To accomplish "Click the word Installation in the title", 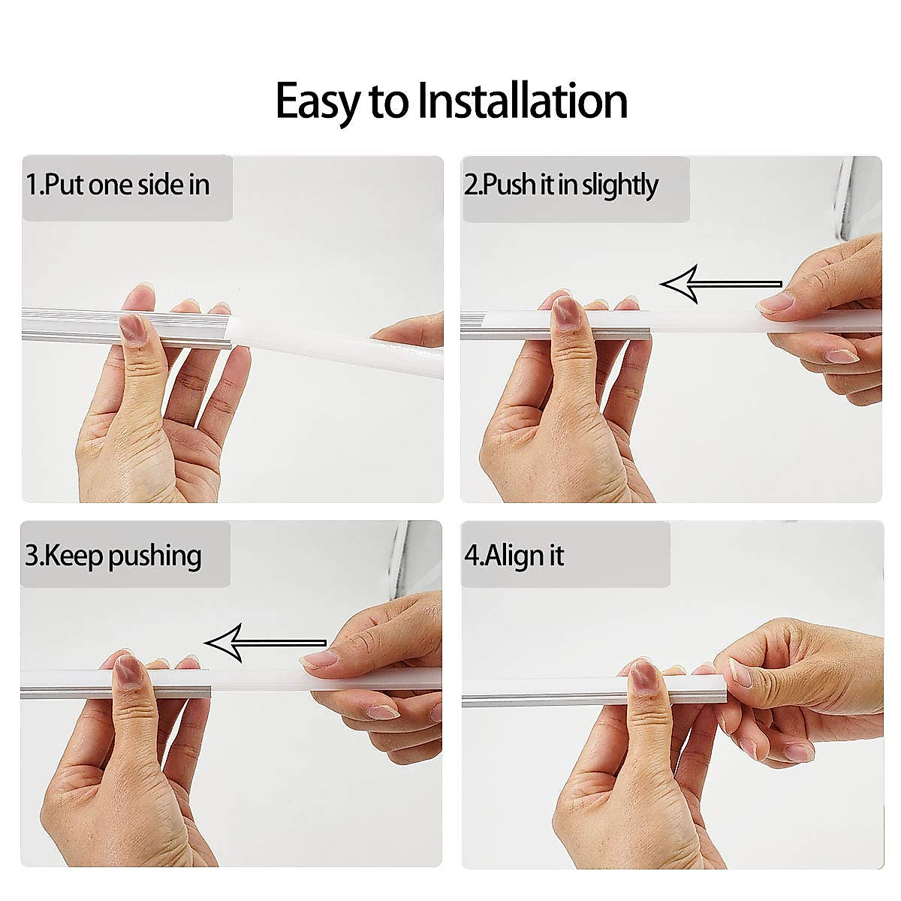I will [523, 101].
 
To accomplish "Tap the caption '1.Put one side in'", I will [118, 185].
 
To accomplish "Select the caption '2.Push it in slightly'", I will [561, 185].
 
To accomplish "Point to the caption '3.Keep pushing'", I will [113, 556].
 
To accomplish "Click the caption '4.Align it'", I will [514, 556].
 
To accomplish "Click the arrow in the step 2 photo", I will [720, 284].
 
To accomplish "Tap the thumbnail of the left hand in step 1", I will [134, 328].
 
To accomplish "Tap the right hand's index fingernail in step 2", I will [776, 303].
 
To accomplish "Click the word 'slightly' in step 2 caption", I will [620, 185].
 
